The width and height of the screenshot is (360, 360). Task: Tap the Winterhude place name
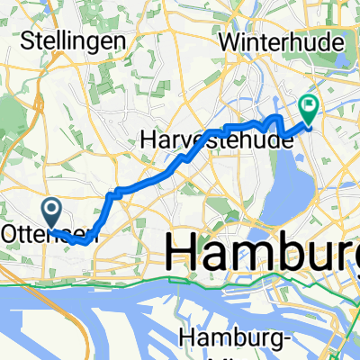coord(276,40)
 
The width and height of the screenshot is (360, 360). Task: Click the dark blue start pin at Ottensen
coord(52,213)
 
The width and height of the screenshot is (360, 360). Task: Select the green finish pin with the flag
coord(310,108)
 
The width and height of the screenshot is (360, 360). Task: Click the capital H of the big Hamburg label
coord(181,247)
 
